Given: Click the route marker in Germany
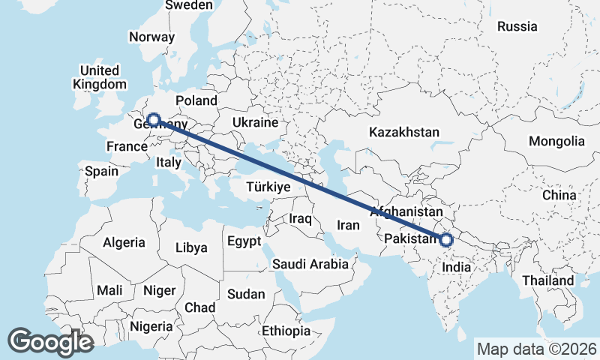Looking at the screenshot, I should tap(153, 119).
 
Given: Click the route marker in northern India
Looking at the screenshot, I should tap(446, 240).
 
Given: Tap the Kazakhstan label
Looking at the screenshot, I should tap(403, 132).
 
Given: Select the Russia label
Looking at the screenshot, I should tap(517, 26).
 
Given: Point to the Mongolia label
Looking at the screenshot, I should tap(556, 141).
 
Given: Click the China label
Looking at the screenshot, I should tap(559, 194).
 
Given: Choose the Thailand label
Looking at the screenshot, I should tap(549, 280).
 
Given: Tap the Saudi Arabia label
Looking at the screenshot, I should tap(310, 264).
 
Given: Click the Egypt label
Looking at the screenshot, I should tap(244, 241).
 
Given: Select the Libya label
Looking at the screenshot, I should tap(190, 247).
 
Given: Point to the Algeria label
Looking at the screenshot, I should tap(124, 242).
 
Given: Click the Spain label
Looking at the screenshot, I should tap(101, 171).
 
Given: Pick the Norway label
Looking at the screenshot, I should tap(151, 37).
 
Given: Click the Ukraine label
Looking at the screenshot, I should tap(256, 122).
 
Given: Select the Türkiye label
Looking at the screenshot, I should tap(268, 187).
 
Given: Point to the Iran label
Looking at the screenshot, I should tap(349, 224).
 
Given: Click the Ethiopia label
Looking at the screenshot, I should tap(286, 331).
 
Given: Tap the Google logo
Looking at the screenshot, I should tap(50, 342).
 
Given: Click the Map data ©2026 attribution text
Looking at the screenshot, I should tap(537, 349).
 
